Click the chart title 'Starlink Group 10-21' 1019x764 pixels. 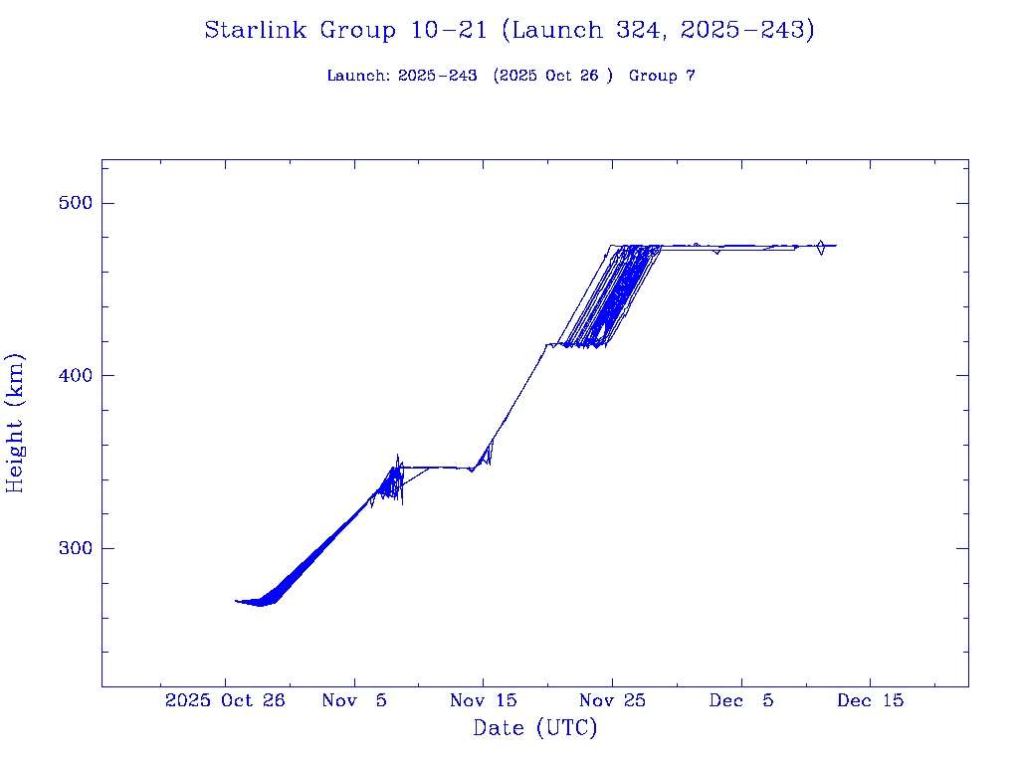346,31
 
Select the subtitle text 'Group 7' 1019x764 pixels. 662,76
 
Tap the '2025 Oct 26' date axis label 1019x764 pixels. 225,700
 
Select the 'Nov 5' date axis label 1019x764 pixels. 354,700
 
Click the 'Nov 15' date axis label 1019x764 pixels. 483,700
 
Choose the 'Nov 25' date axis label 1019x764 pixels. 612,700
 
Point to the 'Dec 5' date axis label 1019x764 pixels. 740,700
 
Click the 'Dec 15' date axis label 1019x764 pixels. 870,700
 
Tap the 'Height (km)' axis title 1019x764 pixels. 15,423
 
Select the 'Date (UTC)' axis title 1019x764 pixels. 535,728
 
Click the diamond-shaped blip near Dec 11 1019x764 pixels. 821,247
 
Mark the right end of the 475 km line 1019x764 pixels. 835,245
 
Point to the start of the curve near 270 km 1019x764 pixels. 237,601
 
